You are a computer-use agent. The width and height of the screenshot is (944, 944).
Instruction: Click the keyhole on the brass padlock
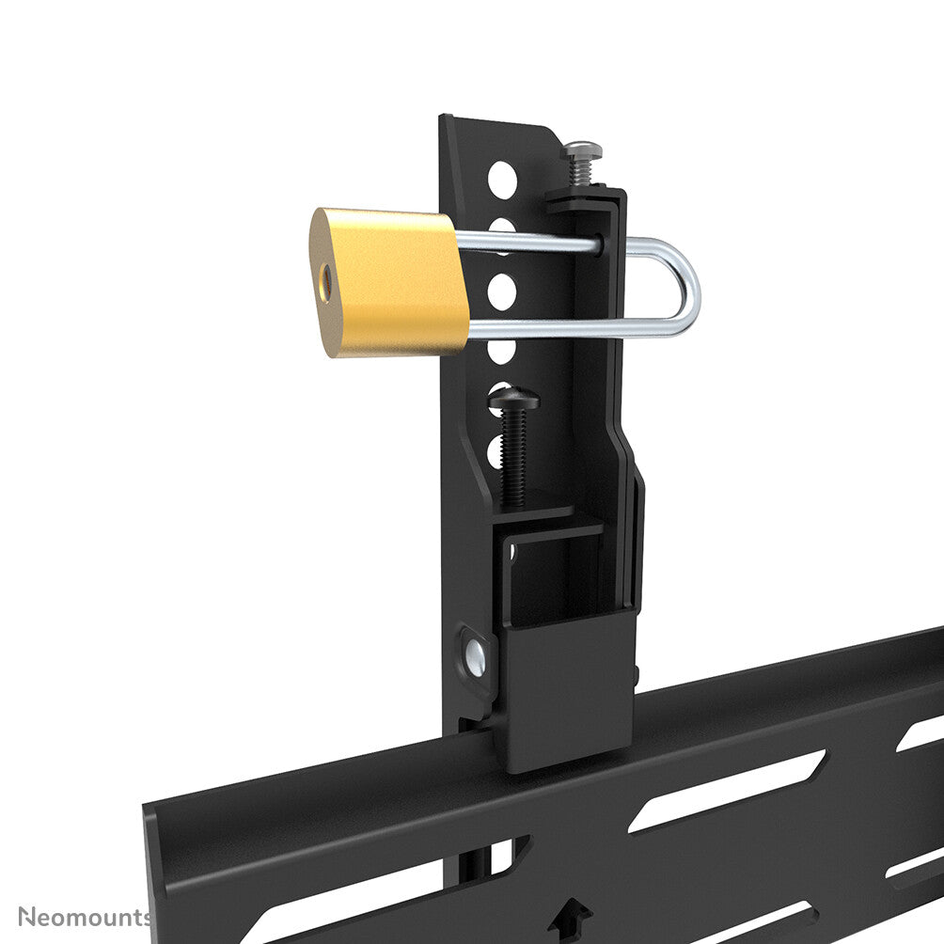[327, 278]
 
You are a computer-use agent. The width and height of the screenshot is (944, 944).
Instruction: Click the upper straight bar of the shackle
[527, 244]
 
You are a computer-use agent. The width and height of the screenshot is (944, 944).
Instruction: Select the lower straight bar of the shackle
[564, 328]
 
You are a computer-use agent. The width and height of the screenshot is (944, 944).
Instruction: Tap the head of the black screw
[514, 400]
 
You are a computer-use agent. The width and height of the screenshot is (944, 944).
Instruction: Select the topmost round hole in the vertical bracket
[502, 176]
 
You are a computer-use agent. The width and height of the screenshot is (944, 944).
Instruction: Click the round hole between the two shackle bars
[502, 288]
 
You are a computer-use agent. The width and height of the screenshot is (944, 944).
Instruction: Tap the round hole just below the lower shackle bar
[502, 350]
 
